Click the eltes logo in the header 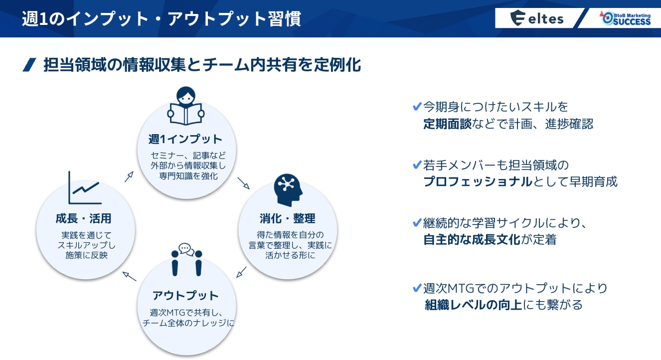click(537, 19)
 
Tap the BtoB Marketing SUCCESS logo click(626, 18)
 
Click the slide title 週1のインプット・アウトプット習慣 click(162, 19)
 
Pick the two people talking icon click(186, 259)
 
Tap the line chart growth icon click(85, 188)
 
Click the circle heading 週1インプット click(185, 138)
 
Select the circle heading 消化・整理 click(287, 218)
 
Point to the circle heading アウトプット click(185, 295)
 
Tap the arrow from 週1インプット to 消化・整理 click(243, 183)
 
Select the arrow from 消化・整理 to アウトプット click(241, 272)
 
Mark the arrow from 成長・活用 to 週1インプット click(129, 177)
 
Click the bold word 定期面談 click(447, 124)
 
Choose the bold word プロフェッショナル click(478, 181)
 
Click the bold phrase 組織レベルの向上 click(473, 305)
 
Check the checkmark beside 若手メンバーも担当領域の click(417, 164)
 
